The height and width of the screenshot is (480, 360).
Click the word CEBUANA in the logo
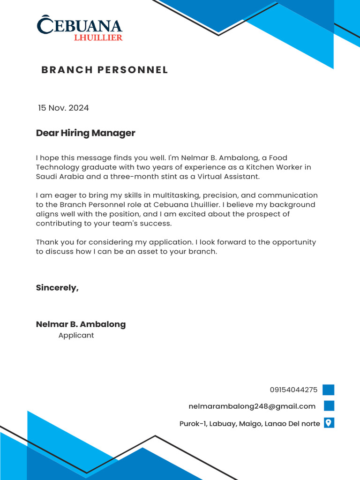(x=80, y=26)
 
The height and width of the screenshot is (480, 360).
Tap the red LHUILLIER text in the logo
(x=98, y=37)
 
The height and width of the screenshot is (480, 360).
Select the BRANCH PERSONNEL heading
(x=105, y=70)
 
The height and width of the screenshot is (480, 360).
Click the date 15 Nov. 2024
(x=63, y=108)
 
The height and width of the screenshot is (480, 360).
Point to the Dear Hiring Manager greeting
(x=85, y=133)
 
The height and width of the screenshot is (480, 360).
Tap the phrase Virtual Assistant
(x=228, y=177)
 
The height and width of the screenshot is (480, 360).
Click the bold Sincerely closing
(x=57, y=288)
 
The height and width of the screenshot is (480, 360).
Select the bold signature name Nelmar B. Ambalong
(x=81, y=324)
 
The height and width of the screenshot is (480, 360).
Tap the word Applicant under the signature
(x=76, y=336)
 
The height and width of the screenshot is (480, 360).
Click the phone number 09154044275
(x=293, y=390)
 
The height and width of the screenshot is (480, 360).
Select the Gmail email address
(x=252, y=406)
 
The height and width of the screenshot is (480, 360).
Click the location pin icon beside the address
(x=329, y=423)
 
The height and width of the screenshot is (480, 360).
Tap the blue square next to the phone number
(x=328, y=390)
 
